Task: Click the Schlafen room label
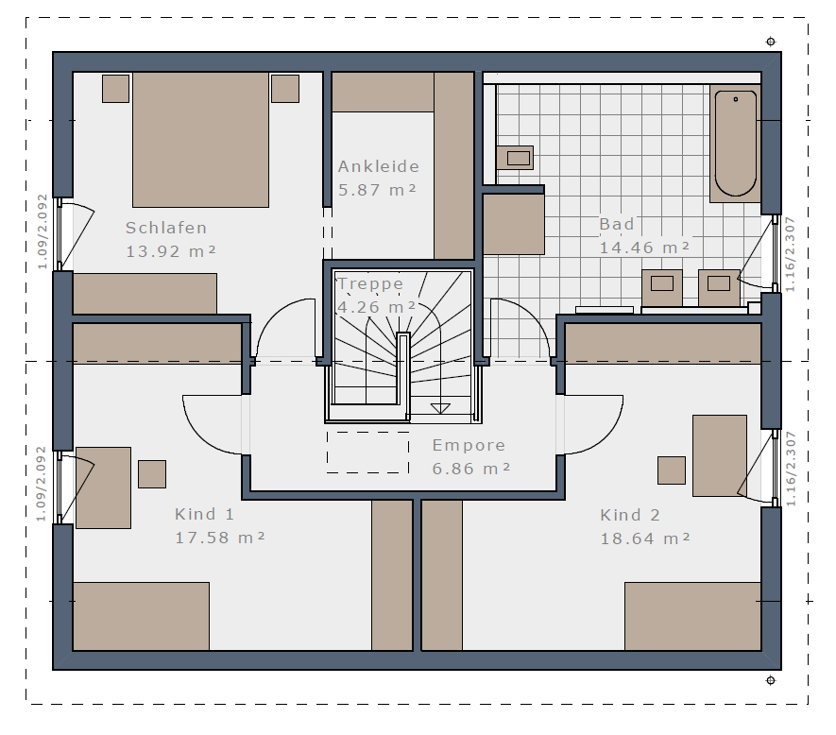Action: (x=166, y=228)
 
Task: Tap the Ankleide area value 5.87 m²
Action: (x=377, y=190)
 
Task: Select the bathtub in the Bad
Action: (x=735, y=143)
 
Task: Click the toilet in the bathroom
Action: (x=515, y=158)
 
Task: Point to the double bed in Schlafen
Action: (x=200, y=140)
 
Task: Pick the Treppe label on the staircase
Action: (x=370, y=283)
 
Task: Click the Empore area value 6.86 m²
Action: (x=471, y=469)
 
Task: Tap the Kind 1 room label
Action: (x=204, y=514)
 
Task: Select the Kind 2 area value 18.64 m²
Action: (x=645, y=538)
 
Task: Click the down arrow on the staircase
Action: (x=440, y=408)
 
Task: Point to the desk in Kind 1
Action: (x=103, y=488)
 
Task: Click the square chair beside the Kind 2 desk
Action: (x=672, y=470)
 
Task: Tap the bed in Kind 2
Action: (x=692, y=617)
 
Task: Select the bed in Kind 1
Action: (x=141, y=617)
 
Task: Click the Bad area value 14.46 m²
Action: (x=644, y=248)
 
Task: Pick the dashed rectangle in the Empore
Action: (x=367, y=453)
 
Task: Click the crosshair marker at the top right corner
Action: (x=771, y=42)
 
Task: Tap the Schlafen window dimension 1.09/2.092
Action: (x=43, y=231)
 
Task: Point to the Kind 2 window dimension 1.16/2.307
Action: (x=791, y=469)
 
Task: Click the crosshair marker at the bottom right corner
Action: (x=771, y=680)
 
